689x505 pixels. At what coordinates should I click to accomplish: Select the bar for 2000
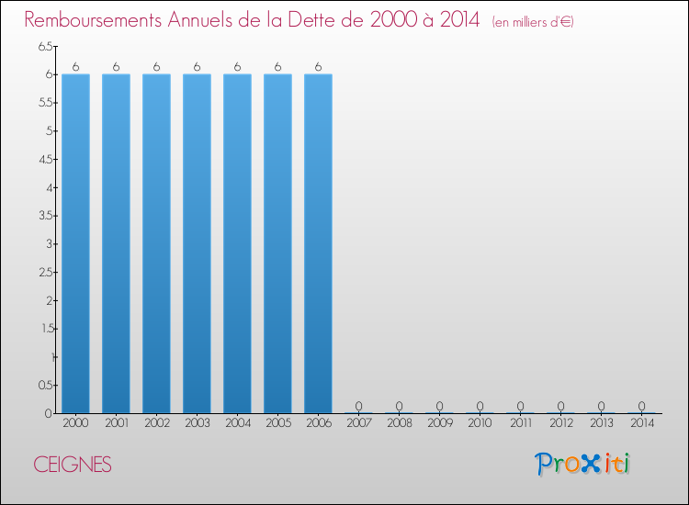(x=75, y=243)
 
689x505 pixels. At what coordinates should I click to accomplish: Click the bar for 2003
(x=197, y=243)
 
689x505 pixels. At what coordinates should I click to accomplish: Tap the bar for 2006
(x=318, y=243)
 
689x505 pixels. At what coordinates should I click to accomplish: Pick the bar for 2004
(x=237, y=243)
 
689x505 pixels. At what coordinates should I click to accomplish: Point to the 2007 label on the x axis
(x=358, y=423)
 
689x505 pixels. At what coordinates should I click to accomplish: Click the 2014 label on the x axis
(x=641, y=423)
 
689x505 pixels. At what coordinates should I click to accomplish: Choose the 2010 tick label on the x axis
(x=480, y=423)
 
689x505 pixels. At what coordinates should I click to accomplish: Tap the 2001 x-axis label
(x=116, y=423)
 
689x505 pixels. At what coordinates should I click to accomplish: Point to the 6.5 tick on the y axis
(x=46, y=46)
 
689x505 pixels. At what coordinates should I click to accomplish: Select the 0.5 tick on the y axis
(x=46, y=386)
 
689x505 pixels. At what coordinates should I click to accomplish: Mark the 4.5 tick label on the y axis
(x=46, y=159)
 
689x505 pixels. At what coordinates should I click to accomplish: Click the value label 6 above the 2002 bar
(x=156, y=66)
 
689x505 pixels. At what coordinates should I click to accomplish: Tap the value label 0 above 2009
(x=439, y=406)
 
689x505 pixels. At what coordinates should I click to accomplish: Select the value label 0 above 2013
(x=601, y=406)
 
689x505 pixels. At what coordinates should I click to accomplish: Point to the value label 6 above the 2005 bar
(x=277, y=66)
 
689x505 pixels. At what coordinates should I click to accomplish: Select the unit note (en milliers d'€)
(x=533, y=21)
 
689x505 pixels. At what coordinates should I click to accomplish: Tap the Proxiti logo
(x=582, y=464)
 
